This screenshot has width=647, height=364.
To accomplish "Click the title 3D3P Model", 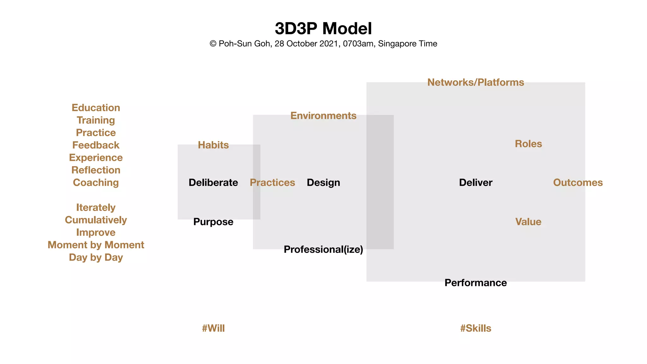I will coord(323,28).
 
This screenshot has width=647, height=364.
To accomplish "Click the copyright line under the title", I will coord(323,44).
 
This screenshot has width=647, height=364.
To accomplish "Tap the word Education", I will coord(96,108).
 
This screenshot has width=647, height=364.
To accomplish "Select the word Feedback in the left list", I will coord(96,145).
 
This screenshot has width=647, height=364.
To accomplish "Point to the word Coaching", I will coord(96,183).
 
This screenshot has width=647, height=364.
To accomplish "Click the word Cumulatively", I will coord(96,220).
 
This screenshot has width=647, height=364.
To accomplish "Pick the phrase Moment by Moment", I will coord(96,245).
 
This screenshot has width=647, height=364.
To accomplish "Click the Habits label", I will coord(213,145).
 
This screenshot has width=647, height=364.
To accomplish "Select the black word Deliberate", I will coord(213,183).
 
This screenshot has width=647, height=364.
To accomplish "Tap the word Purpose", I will coord(213,222).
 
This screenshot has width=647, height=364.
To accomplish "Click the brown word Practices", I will coord(272,183).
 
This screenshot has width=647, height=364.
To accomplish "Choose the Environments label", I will coord(323,116).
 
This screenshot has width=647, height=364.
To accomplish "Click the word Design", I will coord(323,183).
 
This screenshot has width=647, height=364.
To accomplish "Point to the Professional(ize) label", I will coord(323,250).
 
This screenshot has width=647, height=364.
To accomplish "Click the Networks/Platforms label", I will coord(475,82).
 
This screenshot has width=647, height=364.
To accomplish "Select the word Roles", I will coord(528,144).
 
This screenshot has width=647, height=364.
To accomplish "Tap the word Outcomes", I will coord(578,183).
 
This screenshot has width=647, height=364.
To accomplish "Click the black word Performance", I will coord(475,283).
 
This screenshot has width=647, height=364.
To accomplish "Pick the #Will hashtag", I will coord(213,328).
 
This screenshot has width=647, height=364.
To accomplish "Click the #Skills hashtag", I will coord(475,328).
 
